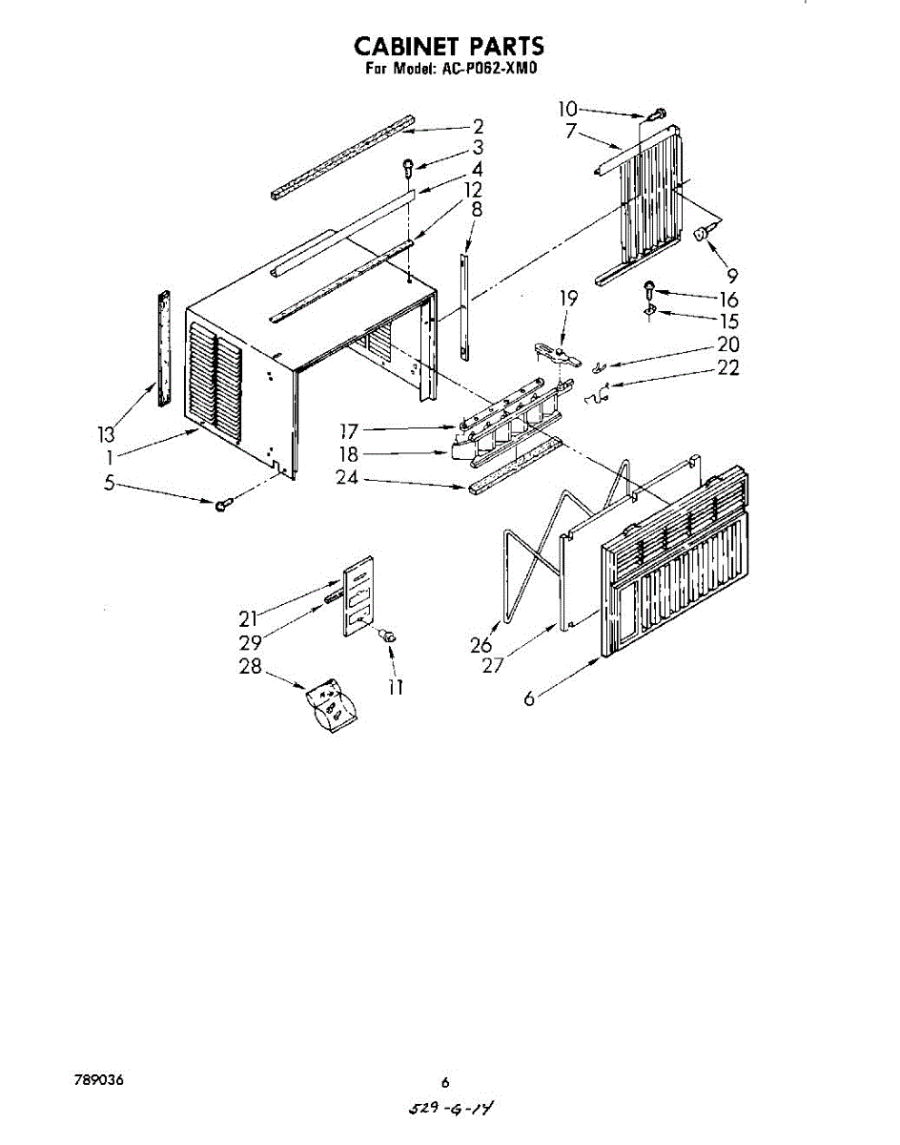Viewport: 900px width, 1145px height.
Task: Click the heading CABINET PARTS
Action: (449, 46)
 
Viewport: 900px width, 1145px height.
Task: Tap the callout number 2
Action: (478, 126)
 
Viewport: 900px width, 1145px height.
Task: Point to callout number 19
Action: (568, 298)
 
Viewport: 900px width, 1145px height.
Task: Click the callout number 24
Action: (347, 477)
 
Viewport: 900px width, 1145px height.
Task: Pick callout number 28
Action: (251, 666)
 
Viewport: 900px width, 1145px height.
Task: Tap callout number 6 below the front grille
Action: (529, 698)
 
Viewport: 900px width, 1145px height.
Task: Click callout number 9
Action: (731, 276)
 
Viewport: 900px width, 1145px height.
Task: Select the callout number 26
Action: (481, 645)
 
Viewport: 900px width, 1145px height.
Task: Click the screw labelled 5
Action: (222, 504)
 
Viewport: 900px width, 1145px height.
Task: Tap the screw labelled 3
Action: (409, 168)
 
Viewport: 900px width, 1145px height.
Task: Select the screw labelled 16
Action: (650, 285)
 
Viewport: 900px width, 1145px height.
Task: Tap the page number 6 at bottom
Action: (444, 1082)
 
